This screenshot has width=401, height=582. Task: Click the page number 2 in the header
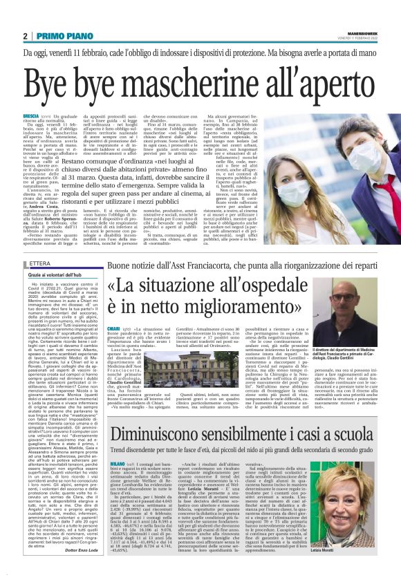click(x=25, y=36)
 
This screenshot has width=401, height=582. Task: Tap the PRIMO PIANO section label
click(x=59, y=36)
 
